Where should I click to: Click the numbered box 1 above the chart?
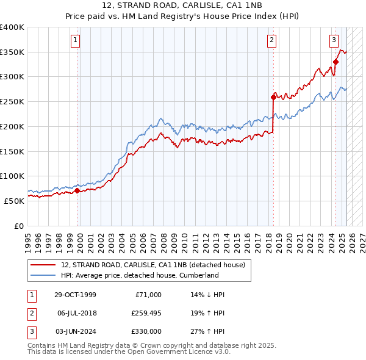(x=75, y=41)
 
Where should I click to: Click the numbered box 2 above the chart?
(x=271, y=41)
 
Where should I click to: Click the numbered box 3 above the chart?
(x=334, y=41)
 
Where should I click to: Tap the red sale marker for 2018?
(x=273, y=96)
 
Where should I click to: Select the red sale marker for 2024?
(x=335, y=61)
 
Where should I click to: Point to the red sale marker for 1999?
(x=77, y=190)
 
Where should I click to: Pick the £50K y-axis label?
(x=14, y=201)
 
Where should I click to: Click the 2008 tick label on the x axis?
(x=165, y=238)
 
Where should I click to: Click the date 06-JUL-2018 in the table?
(x=77, y=313)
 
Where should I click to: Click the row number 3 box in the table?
(x=31, y=331)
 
